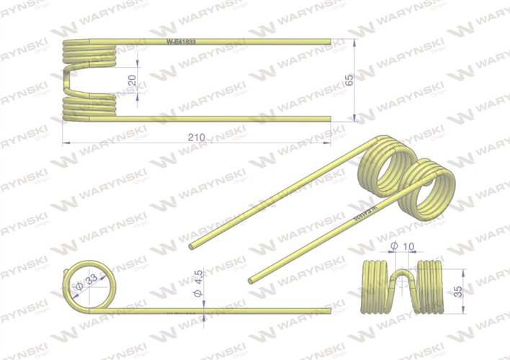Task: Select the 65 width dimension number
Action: click(350, 79)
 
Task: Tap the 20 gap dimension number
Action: click(132, 81)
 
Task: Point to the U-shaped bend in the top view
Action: click(67, 81)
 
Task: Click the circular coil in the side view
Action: click(89, 287)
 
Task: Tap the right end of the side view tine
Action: click(330, 311)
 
